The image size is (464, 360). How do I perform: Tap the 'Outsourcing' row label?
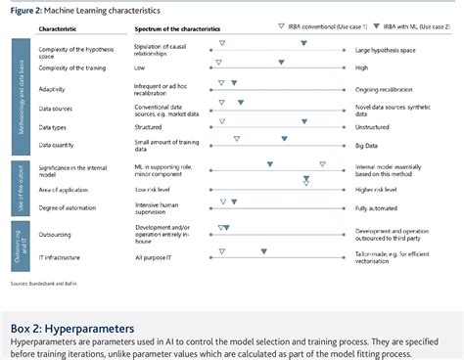coord(57,233)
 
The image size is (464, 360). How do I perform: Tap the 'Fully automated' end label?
coord(377,208)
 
